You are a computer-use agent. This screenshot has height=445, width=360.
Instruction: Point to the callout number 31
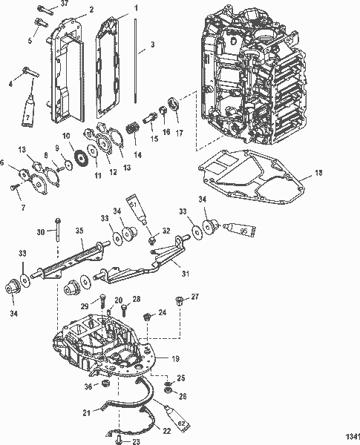click(x=186, y=273)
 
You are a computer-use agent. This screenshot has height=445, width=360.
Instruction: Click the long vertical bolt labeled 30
click(x=56, y=234)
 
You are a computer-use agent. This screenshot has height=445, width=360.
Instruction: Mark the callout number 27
click(x=195, y=297)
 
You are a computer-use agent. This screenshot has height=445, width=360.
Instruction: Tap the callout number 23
click(x=136, y=441)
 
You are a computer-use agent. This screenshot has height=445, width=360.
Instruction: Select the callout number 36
click(x=88, y=386)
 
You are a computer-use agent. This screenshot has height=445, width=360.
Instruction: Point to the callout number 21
click(x=87, y=412)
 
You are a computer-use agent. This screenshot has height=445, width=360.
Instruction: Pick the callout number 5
click(x=30, y=40)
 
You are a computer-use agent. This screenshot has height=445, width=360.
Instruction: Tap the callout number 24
click(x=162, y=313)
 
